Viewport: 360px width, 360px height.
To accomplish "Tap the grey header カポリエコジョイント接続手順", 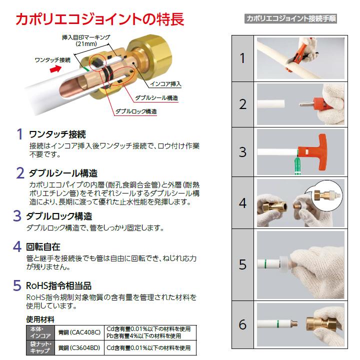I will point(291,19).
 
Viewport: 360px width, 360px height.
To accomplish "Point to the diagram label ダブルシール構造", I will point(157,97).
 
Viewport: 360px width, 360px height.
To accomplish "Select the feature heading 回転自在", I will point(43,247).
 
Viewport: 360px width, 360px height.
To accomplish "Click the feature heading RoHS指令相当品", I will point(59,286).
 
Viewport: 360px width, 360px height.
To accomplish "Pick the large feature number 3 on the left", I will point(17,216).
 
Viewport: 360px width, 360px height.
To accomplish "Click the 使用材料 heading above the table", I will point(40,319).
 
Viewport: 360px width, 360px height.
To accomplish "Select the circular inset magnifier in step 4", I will point(328,194).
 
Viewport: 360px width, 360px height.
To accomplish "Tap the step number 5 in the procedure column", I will point(243,264).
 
